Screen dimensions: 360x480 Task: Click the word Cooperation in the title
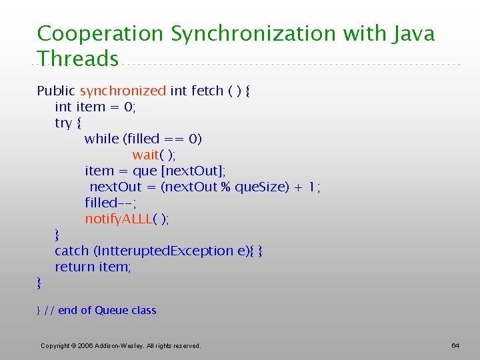(x=101, y=33)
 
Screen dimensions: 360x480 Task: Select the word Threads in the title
(x=78, y=59)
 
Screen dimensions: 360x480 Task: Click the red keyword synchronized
(x=123, y=91)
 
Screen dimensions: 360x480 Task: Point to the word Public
(x=56, y=91)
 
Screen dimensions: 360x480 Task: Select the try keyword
(x=63, y=123)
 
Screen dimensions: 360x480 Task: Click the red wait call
(x=145, y=155)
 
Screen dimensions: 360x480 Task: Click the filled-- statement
(x=107, y=203)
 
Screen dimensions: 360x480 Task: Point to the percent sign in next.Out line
(x=225, y=187)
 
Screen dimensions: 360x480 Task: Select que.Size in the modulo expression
(x=261, y=187)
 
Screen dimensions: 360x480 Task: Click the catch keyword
(x=71, y=251)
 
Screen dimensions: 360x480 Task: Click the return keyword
(x=75, y=267)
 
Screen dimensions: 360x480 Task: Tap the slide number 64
(x=455, y=345)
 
